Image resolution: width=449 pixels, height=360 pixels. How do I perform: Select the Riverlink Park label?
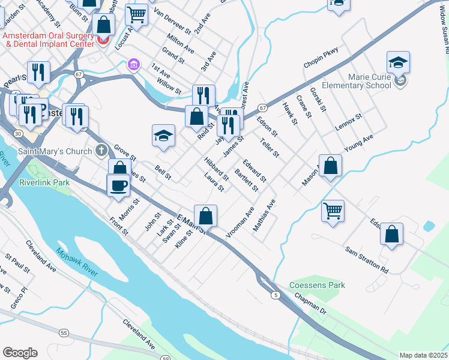pos(44,182)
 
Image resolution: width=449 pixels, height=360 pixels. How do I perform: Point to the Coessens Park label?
pos(317,285)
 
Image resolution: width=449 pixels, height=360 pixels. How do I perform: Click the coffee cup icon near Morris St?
pos(119,185)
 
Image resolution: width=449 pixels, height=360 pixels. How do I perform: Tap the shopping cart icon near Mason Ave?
pos(333,211)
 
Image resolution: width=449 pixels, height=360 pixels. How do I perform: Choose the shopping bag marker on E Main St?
pos(205,216)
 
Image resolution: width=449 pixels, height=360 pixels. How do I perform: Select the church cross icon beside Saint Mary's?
pos(101,149)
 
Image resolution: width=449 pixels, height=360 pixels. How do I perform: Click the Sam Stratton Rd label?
pos(367,259)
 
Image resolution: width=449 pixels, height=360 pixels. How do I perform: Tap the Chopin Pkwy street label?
pos(321,58)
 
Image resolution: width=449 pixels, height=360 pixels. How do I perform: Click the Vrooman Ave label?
pos(240,223)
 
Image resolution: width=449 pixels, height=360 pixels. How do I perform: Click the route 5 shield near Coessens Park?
pos(276,295)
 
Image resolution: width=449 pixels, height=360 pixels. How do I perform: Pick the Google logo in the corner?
pos(20,353)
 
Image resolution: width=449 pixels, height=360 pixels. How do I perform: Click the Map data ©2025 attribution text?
pos(423,355)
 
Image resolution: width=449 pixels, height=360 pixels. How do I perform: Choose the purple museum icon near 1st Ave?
pos(134,64)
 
